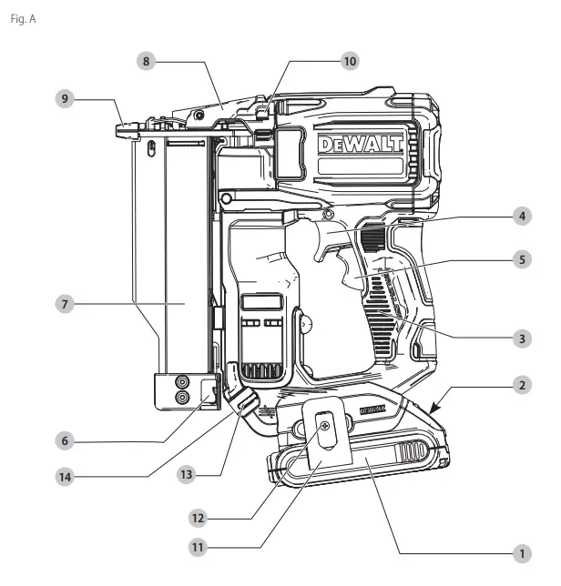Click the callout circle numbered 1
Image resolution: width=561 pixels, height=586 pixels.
point(521,552)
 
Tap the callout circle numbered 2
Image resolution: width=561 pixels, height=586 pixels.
point(521,386)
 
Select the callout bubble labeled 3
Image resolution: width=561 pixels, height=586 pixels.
point(521,338)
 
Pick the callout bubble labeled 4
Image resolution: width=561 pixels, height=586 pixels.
point(521,217)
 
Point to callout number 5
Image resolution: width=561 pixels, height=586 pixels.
point(521,259)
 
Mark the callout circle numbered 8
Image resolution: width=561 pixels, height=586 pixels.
point(145,61)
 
